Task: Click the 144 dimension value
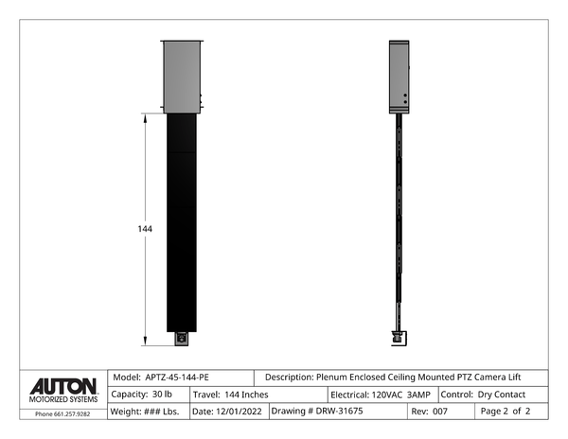coord(145,229)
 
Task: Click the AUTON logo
coord(63,387)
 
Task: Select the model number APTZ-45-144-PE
coord(177,378)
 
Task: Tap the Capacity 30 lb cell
coord(149,395)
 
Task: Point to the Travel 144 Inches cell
coord(258,395)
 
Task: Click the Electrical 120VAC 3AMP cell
coord(382,395)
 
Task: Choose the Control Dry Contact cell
coord(493,395)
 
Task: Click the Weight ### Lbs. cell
coord(149,412)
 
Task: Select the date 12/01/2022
coord(239,412)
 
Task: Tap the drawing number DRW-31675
coord(339,412)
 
